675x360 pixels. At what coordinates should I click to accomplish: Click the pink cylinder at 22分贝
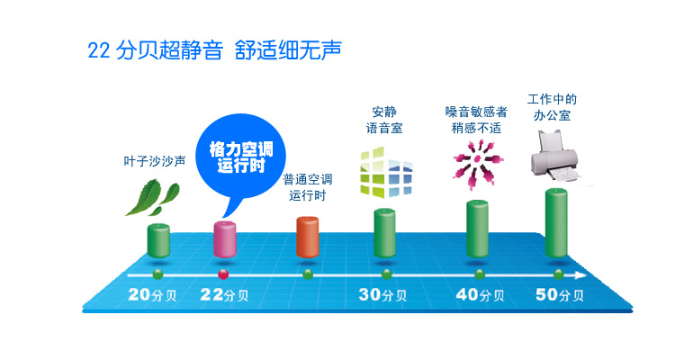pyautogui.click(x=225, y=239)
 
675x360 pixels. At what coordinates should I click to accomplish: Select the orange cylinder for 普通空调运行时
pyautogui.click(x=308, y=238)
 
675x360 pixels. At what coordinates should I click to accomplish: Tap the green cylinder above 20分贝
pyautogui.click(x=158, y=240)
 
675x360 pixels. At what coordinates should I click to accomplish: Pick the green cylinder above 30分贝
pyautogui.click(x=384, y=233)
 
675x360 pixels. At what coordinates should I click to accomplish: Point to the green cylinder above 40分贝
pyautogui.click(x=477, y=229)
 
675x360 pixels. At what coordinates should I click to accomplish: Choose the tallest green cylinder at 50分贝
pyautogui.click(x=556, y=223)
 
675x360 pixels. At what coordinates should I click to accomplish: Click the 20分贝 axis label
pyautogui.click(x=152, y=294)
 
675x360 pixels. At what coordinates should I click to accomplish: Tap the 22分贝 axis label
pyautogui.click(x=224, y=294)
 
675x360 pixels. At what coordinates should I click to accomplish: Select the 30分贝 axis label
pyautogui.click(x=382, y=294)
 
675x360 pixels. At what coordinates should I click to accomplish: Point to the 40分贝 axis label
pyautogui.click(x=480, y=294)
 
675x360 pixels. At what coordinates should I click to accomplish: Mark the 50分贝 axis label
pyautogui.click(x=560, y=294)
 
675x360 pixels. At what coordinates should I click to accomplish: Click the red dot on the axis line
pyautogui.click(x=223, y=274)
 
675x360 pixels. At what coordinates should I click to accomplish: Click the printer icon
pyautogui.click(x=556, y=157)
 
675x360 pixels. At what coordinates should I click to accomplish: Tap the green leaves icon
pyautogui.click(x=152, y=198)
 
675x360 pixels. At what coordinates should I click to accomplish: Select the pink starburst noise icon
pyautogui.click(x=478, y=164)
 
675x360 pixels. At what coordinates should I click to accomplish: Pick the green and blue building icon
pyautogui.click(x=386, y=173)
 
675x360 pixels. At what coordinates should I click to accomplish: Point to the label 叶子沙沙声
pyautogui.click(x=155, y=161)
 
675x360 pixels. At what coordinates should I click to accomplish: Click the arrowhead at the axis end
pyautogui.click(x=581, y=275)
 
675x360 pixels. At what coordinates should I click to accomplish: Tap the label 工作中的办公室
pyautogui.click(x=552, y=108)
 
